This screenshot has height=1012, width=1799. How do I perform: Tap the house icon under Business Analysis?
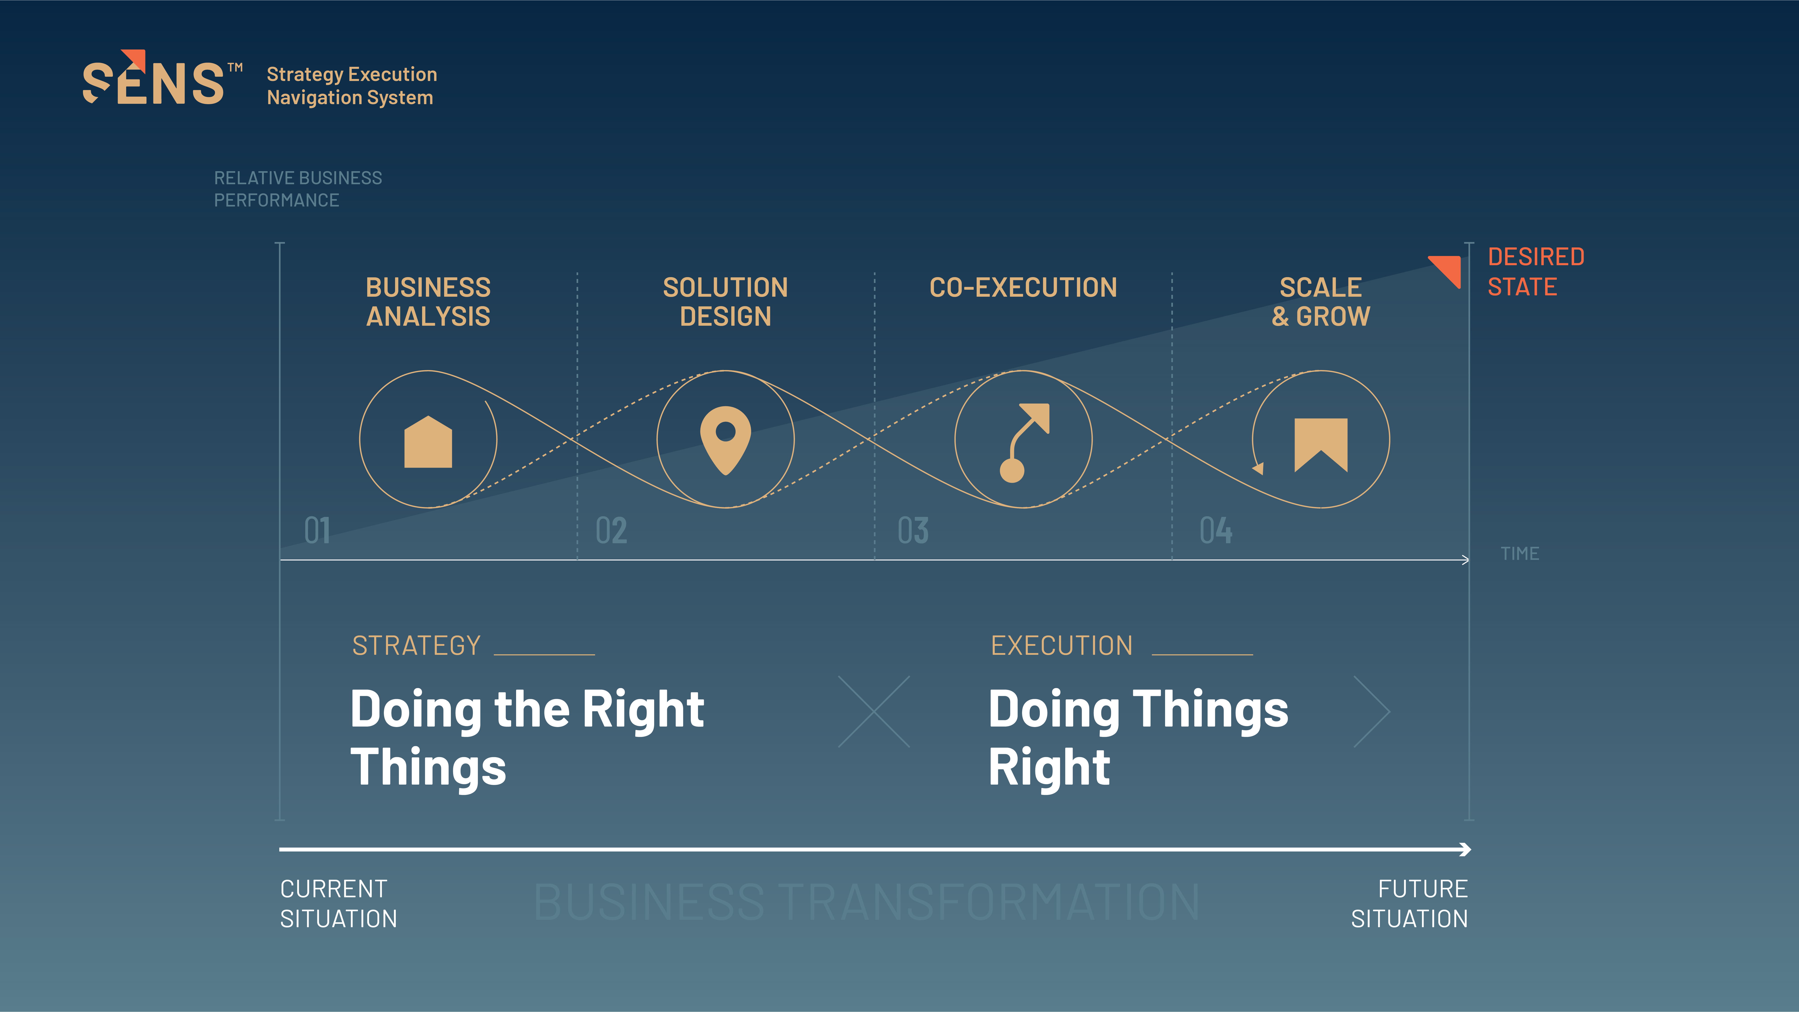point(428,442)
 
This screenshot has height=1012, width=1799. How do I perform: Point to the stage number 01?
point(317,531)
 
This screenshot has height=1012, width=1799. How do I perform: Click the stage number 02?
point(611,531)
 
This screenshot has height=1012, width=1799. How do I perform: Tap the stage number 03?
point(913,531)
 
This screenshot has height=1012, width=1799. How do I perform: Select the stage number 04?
point(1216,531)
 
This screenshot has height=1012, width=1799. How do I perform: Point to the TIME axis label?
point(1520,554)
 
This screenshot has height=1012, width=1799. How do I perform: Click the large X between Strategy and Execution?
point(874,712)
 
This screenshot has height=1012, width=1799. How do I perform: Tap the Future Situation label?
point(1409,904)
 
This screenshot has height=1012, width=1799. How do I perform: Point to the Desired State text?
point(1536,272)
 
